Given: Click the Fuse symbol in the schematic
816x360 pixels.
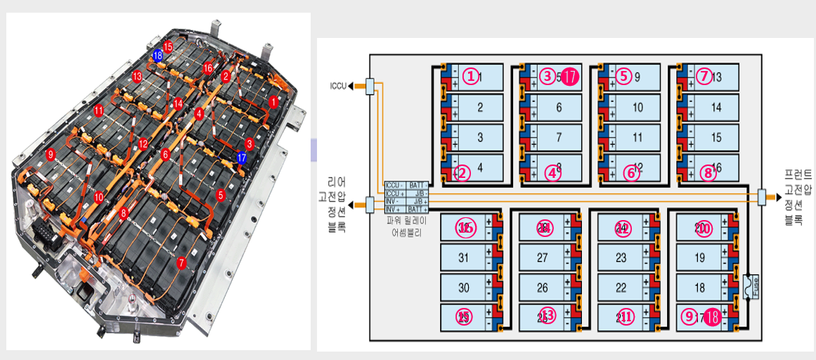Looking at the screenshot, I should pyautogui.click(x=748, y=286).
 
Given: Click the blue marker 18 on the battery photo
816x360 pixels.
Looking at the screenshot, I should pyautogui.click(x=157, y=55).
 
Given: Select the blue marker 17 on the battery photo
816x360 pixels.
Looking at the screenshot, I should pyautogui.click(x=242, y=157).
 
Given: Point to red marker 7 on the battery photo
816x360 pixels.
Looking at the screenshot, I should pyautogui.click(x=183, y=262).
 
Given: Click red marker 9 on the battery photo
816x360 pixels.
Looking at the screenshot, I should pyautogui.click(x=49, y=153).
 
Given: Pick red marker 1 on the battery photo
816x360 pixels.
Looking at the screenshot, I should pyautogui.click(x=273, y=102).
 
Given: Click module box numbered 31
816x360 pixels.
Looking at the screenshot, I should pyautogui.click(x=464, y=258).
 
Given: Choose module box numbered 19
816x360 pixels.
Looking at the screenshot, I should pyautogui.click(x=700, y=258).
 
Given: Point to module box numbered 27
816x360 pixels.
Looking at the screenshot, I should pyautogui.click(x=543, y=258).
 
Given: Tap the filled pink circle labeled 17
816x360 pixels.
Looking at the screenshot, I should pyautogui.click(x=570, y=76).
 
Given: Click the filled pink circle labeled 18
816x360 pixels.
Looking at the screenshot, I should pyautogui.click(x=713, y=317).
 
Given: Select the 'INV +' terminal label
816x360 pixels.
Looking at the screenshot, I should pyautogui.click(x=395, y=209).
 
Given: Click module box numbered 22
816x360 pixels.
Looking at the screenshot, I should pyautogui.click(x=621, y=288).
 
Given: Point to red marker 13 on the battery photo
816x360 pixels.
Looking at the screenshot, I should pyautogui.click(x=137, y=76).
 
